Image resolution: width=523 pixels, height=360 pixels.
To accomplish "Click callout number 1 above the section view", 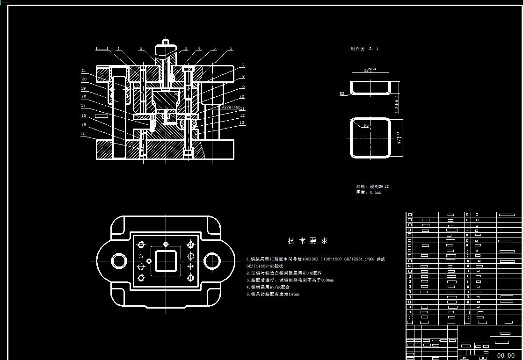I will tap(119, 48).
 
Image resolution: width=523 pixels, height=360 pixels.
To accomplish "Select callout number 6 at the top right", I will tap(231, 48).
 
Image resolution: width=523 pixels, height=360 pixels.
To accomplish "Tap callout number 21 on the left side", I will tap(84, 71).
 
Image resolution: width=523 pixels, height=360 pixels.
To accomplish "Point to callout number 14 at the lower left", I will tap(82, 134).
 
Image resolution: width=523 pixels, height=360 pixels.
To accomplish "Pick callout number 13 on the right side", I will tap(242, 123).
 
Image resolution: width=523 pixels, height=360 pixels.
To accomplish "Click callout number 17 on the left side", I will tap(83, 106).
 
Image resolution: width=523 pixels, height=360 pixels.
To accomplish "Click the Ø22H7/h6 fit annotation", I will tap(231, 107).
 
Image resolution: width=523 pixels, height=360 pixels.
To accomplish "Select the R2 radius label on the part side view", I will tap(342, 94).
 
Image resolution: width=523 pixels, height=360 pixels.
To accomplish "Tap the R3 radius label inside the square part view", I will tap(366, 125).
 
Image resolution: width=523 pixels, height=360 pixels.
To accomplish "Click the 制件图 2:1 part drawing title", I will tap(364, 49).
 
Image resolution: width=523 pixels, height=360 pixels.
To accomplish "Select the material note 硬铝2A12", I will tap(372, 187).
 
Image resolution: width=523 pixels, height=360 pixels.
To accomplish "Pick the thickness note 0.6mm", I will tap(369, 192).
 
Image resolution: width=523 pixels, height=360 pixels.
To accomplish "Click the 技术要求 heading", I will tap(308, 241).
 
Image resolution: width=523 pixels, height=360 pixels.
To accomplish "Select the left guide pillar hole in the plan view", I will tap(118, 260).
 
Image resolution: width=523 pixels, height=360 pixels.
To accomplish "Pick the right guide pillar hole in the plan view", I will tap(212, 260).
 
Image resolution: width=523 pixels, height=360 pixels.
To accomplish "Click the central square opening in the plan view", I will tap(166, 260).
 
